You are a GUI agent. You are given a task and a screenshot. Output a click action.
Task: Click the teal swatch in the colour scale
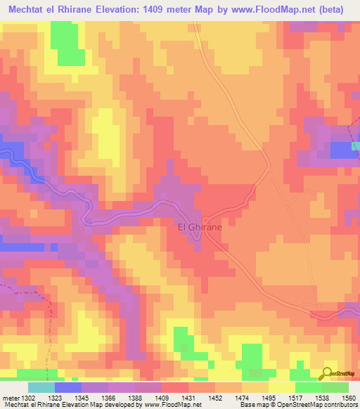point(41,387)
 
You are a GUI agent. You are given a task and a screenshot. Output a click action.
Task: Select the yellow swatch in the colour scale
point(281,387)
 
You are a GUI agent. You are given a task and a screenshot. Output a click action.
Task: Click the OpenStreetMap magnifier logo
point(328,374)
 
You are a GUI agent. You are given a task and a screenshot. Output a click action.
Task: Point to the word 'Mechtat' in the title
point(25,9)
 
